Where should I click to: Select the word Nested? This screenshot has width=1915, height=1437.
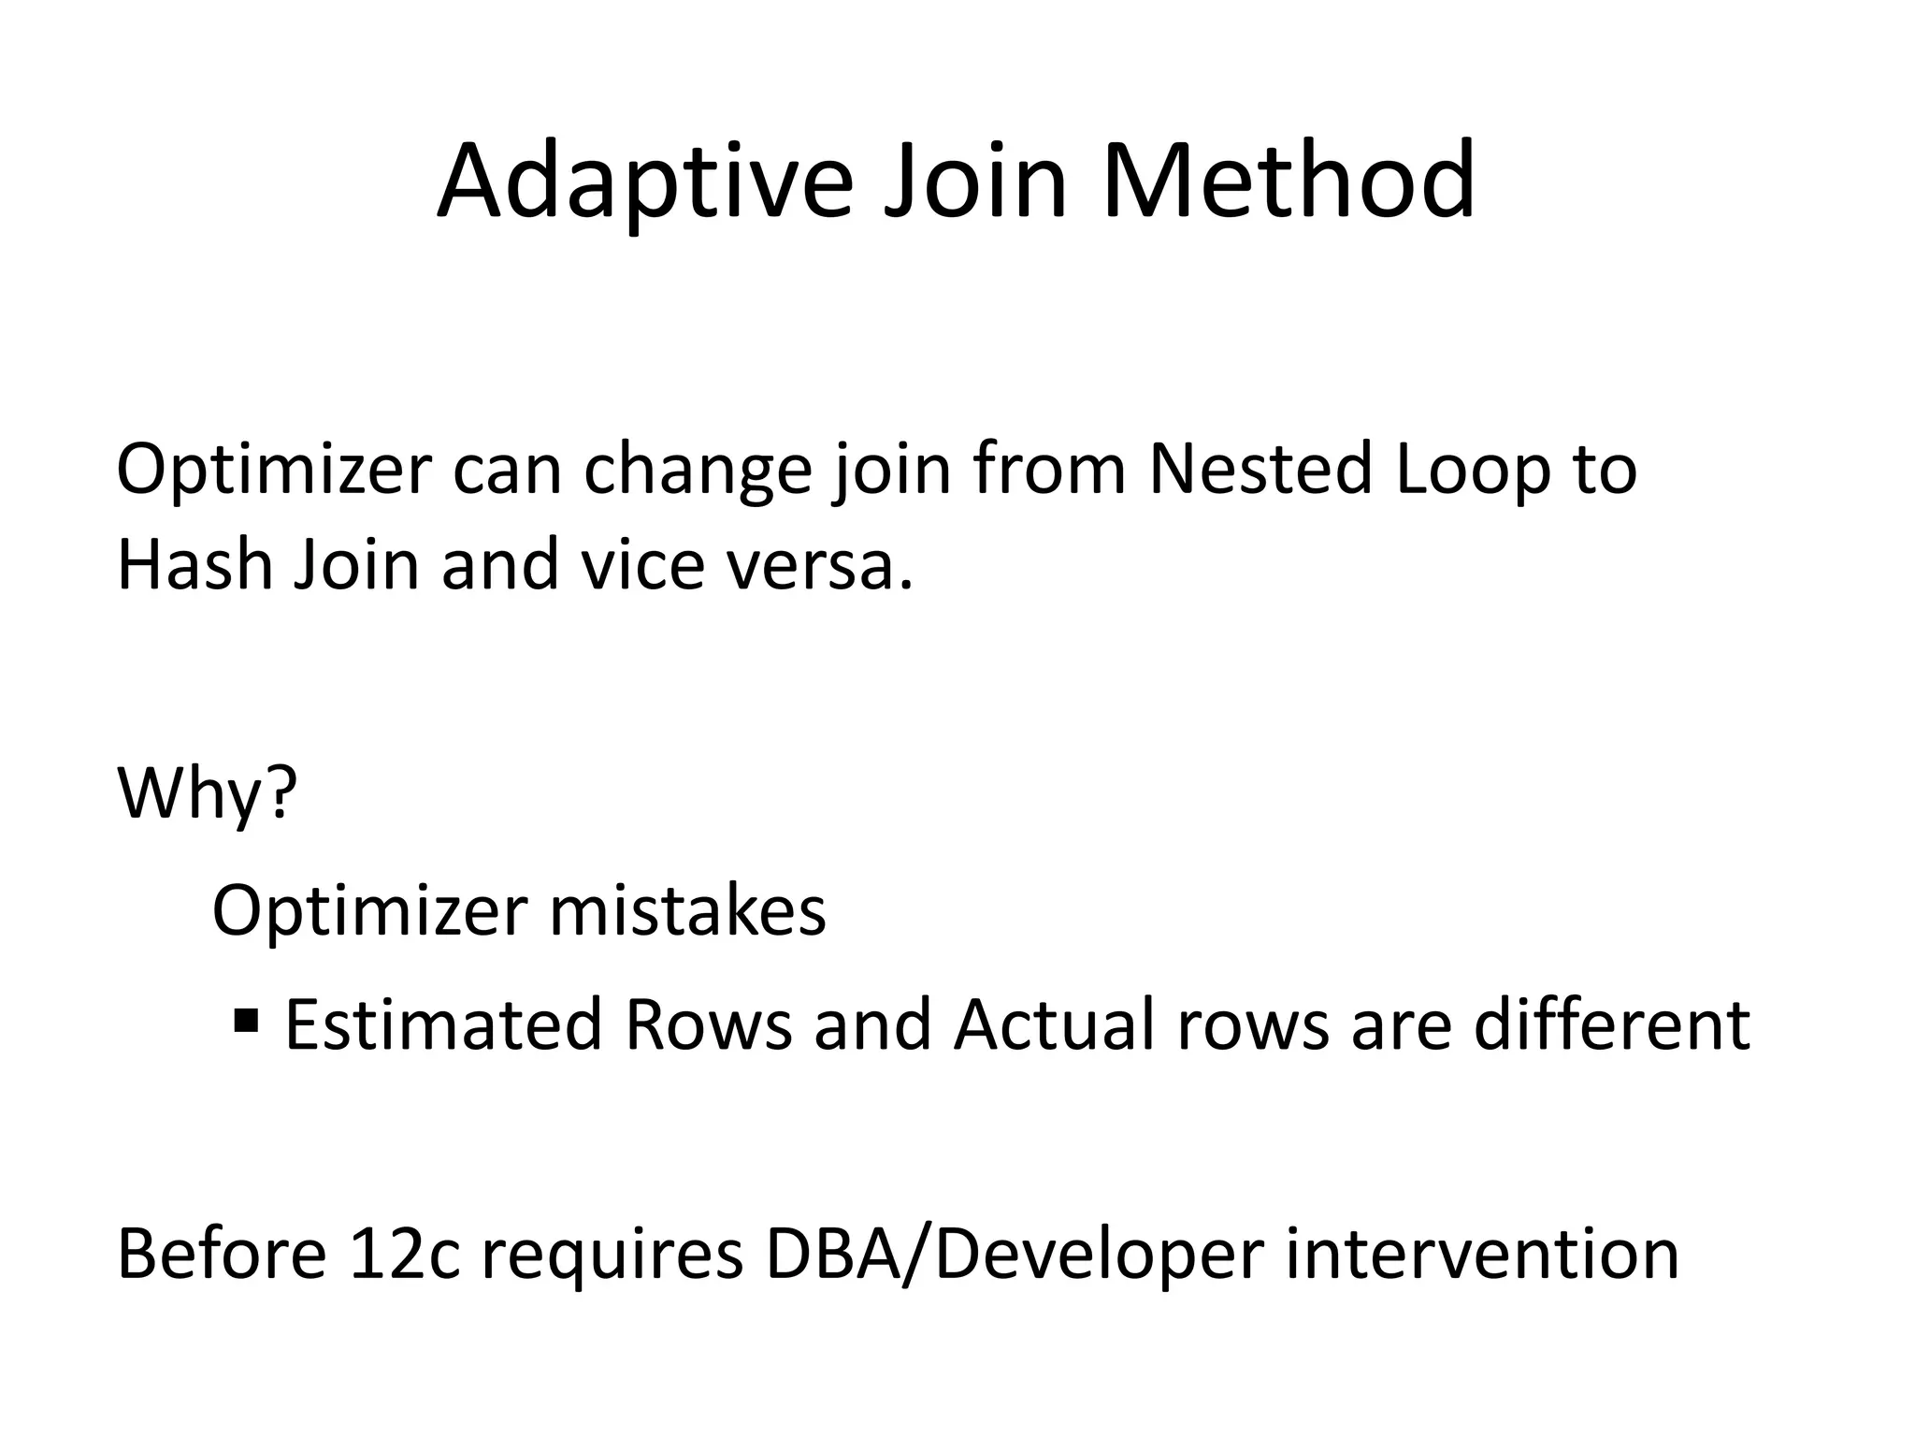pos(1260,469)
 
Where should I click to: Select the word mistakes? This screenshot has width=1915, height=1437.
pos(687,911)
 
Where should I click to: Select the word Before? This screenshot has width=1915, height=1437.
pos(222,1255)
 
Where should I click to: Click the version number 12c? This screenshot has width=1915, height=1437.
pos(404,1255)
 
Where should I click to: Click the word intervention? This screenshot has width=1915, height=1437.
pos(1481,1255)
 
